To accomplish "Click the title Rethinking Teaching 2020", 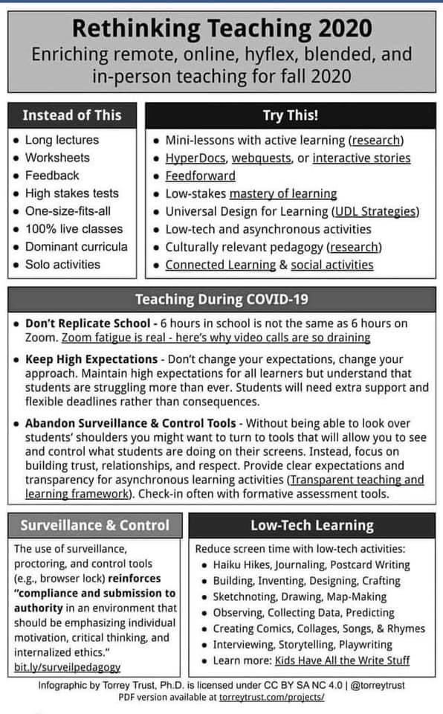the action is coord(221,29).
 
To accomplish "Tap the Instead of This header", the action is coord(71,115).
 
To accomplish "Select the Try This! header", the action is coord(290,115).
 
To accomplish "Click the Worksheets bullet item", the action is coord(57,158).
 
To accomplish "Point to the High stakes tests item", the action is coord(72,193).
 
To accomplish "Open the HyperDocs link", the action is coord(195,158).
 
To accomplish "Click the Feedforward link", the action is coord(200,176).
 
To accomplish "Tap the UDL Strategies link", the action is coord(375,211).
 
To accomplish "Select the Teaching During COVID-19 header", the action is coord(221,300).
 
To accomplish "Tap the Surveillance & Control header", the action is coord(94,525).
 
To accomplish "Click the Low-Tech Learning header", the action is coord(311,525).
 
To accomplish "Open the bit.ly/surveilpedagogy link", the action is coord(68,668).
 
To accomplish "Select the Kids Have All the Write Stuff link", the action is coord(342,660).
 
